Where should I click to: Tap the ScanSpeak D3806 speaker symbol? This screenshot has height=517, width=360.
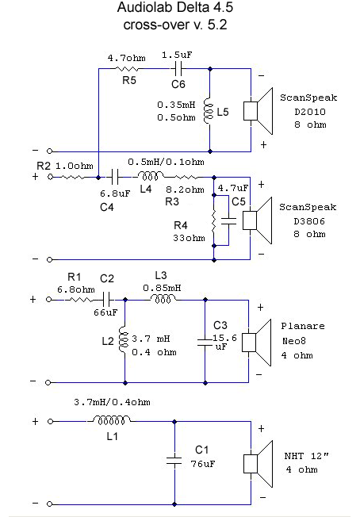258,220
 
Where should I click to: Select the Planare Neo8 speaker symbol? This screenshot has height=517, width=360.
257,343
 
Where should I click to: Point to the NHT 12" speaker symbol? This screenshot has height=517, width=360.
259,464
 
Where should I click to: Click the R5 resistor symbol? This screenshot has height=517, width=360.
127,69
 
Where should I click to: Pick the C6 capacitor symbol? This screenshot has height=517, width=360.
178,69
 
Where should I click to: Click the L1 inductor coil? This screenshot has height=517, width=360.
110,420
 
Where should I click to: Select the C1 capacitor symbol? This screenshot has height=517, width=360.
174,461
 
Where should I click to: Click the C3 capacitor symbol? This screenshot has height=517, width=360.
205,343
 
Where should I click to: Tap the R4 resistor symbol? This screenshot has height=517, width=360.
213,221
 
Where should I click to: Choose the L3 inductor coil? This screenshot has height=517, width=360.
163,299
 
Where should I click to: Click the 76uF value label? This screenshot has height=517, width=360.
203,464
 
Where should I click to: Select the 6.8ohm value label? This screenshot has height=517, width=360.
76,289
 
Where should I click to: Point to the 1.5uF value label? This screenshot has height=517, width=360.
177,55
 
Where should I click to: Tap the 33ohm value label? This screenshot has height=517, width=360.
189,238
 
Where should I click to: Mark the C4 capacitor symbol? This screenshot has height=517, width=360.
115,177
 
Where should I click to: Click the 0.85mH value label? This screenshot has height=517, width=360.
162,288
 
